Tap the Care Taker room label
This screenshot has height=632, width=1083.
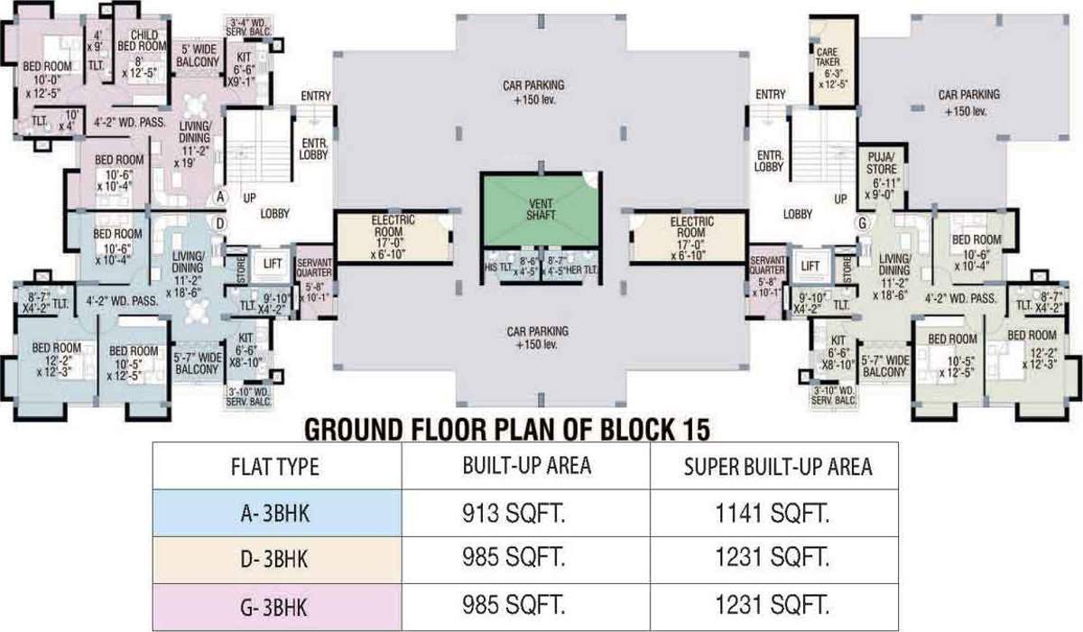coord(828,68)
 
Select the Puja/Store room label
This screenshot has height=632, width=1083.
coord(882,181)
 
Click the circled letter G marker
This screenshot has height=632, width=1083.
coord(864,222)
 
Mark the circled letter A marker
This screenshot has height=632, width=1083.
coord(218,196)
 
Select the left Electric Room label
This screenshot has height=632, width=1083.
coord(393,232)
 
